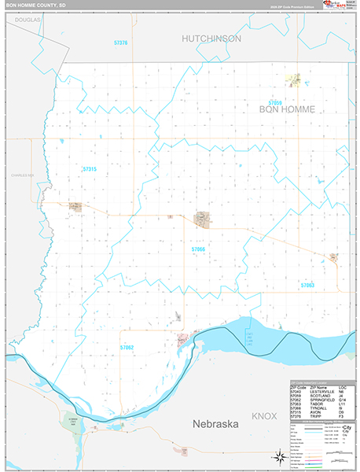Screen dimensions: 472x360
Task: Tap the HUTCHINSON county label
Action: (x=211, y=38)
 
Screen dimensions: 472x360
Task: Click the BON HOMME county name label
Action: (x=286, y=110)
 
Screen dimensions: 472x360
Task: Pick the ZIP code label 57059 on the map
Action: (x=274, y=102)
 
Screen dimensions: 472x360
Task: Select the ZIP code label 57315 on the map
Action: (x=89, y=169)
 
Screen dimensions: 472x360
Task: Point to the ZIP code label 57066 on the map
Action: (x=198, y=249)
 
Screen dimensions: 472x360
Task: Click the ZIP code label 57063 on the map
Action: (x=307, y=286)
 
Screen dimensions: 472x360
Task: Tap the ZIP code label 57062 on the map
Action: (x=127, y=347)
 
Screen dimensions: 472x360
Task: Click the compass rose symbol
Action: (x=278, y=456)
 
